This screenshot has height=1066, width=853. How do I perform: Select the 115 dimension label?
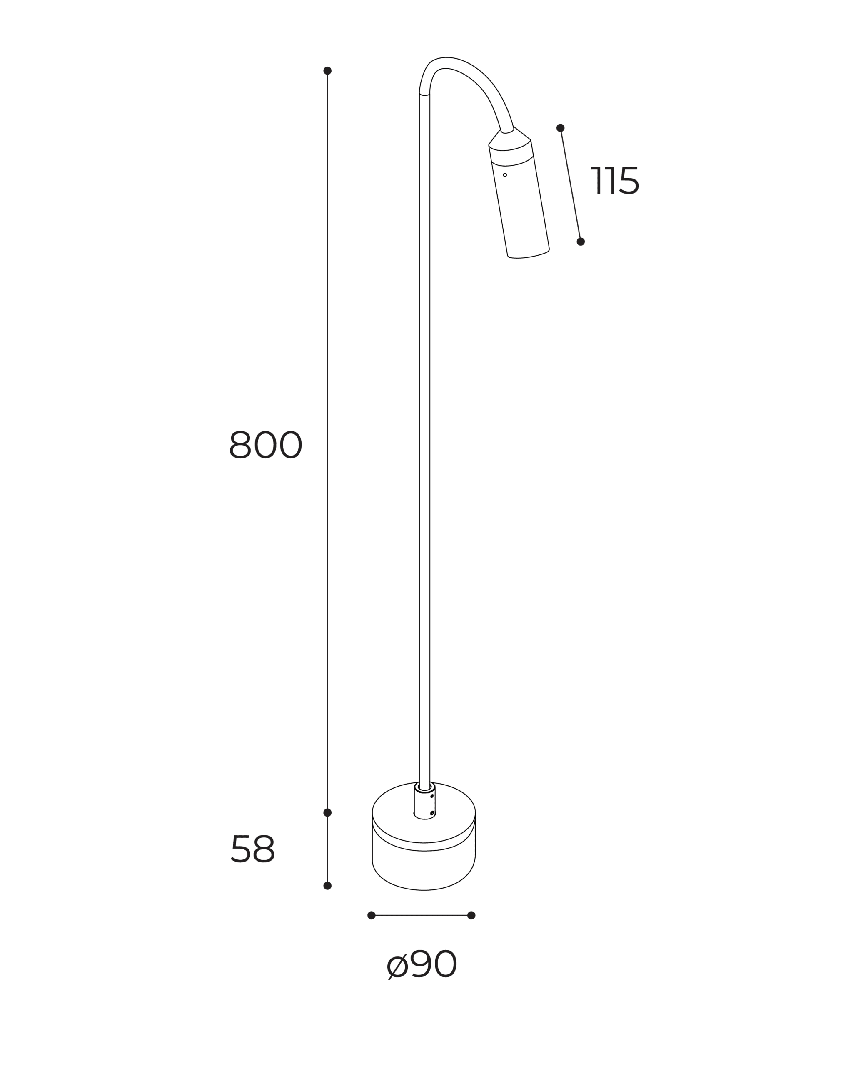[615, 180]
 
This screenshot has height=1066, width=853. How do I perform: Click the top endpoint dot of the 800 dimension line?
[327, 71]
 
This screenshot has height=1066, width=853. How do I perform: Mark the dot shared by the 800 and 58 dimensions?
[327, 812]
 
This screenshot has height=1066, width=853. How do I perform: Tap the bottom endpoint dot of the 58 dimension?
[327, 886]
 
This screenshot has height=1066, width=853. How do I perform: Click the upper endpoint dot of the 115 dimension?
[560, 128]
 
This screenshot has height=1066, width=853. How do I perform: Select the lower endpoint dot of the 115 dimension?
[581, 242]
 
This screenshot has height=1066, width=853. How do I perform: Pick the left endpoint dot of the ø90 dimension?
[372, 915]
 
